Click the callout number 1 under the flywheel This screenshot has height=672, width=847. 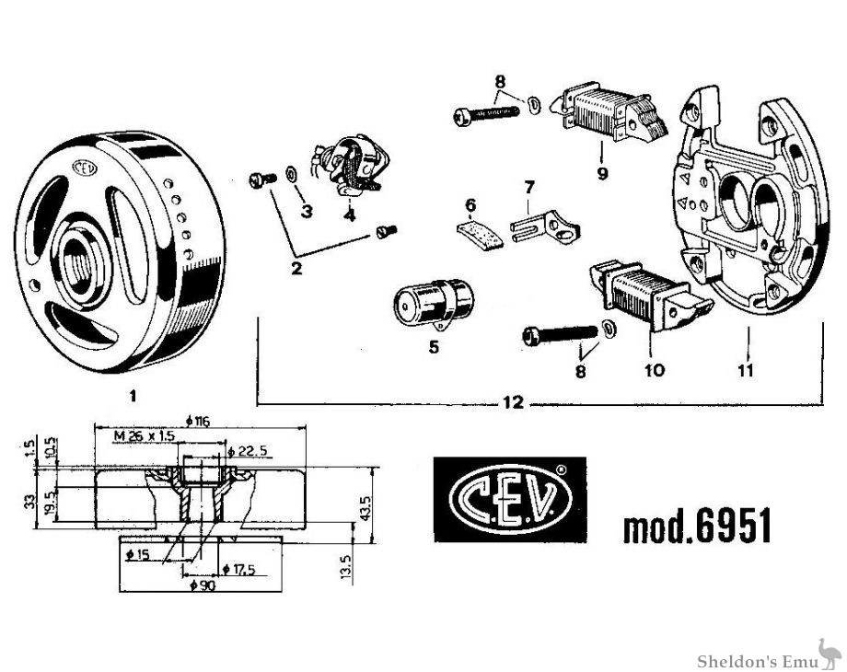pyautogui.click(x=133, y=396)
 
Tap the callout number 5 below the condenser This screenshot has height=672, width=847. pyautogui.click(x=434, y=347)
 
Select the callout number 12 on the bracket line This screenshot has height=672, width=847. pyautogui.click(x=513, y=402)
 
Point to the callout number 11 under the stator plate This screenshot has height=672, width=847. pyautogui.click(x=746, y=370)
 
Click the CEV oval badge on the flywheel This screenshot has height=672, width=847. pyautogui.click(x=84, y=169)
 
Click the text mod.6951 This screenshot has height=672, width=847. pyautogui.click(x=697, y=527)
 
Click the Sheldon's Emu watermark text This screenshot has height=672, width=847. pyautogui.click(x=750, y=661)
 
